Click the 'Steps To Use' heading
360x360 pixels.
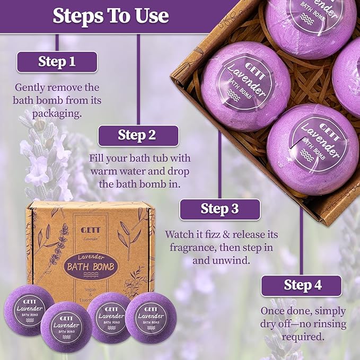coord(110,15)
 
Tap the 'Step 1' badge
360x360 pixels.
coord(57,62)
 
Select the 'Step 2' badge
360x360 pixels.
coord(137,135)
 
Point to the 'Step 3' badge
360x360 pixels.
coord(219,209)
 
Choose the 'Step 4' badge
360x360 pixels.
coord(302,285)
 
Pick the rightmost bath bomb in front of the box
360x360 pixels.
coord(151,317)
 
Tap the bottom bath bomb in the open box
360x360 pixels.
coord(312,149)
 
